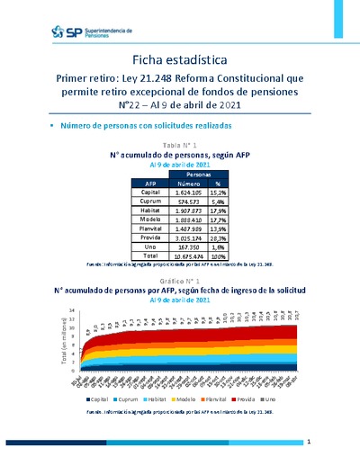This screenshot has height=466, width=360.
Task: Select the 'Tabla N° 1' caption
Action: click(x=179, y=145)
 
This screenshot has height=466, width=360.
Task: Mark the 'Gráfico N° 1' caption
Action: click(x=179, y=281)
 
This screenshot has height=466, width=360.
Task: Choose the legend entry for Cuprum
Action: click(x=126, y=398)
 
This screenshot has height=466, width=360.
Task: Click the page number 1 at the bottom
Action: click(x=309, y=443)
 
